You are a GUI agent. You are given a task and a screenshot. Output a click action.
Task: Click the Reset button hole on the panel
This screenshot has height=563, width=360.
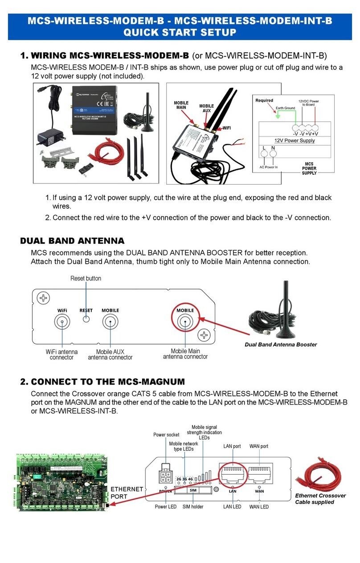(x=87, y=320)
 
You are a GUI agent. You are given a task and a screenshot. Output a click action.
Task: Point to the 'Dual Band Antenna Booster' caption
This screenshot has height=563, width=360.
(x=281, y=345)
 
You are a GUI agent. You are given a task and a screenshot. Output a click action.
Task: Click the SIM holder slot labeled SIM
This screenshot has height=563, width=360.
(x=193, y=490)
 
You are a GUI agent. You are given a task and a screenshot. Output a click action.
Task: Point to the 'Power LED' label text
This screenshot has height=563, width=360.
(x=165, y=506)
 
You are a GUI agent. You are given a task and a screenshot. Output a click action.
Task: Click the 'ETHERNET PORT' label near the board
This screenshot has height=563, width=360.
(x=126, y=493)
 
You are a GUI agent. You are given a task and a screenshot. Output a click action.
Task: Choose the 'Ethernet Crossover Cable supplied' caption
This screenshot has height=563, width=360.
(x=320, y=499)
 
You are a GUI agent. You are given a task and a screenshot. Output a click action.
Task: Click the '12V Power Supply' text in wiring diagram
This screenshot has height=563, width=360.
(x=294, y=140)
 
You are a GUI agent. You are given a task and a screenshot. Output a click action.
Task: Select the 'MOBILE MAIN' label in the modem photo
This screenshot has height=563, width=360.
(x=181, y=105)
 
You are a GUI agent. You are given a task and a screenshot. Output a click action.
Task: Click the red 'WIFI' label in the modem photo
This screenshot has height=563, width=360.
(x=226, y=127)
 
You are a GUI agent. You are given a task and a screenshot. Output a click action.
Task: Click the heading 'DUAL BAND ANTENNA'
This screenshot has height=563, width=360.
(x=72, y=241)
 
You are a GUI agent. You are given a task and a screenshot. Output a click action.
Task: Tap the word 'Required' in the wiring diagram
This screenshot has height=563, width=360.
(x=264, y=100)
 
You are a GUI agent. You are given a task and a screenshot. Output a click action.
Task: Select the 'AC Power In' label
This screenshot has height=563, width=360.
(x=269, y=167)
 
